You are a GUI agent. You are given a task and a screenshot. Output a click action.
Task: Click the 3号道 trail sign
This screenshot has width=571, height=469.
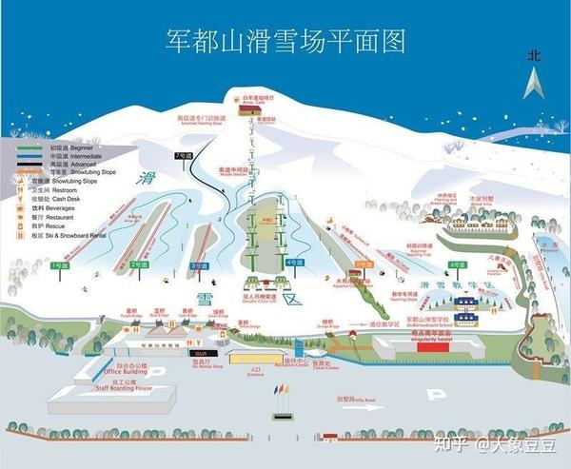(199, 265)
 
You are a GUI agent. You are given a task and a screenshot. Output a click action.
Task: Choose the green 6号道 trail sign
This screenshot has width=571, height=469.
(458, 264)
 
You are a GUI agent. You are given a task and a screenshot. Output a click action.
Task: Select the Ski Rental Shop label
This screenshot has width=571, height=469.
(202, 365)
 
